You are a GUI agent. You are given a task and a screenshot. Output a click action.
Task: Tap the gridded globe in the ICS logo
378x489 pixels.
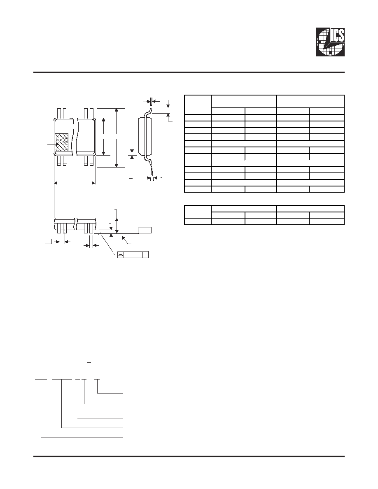(x=330, y=44)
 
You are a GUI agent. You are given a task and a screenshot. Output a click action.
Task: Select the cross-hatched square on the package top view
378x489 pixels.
(x=62, y=143)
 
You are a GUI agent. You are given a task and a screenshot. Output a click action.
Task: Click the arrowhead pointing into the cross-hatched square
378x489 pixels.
(x=57, y=144)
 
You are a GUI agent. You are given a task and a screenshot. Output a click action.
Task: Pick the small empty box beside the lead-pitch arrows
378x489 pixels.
(x=48, y=241)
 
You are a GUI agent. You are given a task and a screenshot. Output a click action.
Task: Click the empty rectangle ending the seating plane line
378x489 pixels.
(x=145, y=231)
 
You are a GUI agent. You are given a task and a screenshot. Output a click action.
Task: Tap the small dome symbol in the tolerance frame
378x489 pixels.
(x=120, y=255)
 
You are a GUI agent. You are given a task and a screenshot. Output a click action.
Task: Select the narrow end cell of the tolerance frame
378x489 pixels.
(x=145, y=255)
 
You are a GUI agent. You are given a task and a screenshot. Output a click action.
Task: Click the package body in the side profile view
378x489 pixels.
(x=145, y=136)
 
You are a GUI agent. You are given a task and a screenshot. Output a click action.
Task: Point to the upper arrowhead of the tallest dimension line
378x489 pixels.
(x=117, y=110)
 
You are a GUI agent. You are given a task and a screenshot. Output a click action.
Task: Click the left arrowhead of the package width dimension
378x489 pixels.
(x=56, y=183)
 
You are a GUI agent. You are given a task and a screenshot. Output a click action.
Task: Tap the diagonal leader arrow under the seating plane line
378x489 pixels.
(x=127, y=240)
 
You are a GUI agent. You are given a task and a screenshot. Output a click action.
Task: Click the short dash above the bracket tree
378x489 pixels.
(x=89, y=362)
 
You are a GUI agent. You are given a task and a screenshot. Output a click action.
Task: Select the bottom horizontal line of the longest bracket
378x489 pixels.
(x=82, y=438)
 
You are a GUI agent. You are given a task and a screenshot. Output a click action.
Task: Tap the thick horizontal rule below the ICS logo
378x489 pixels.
(x=189, y=73)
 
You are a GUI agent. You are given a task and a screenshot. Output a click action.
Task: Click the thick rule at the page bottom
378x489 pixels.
(x=189, y=456)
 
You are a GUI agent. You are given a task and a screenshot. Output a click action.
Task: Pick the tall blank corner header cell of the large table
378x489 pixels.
(x=198, y=105)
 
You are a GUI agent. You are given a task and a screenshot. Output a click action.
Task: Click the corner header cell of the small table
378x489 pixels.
(x=198, y=212)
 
